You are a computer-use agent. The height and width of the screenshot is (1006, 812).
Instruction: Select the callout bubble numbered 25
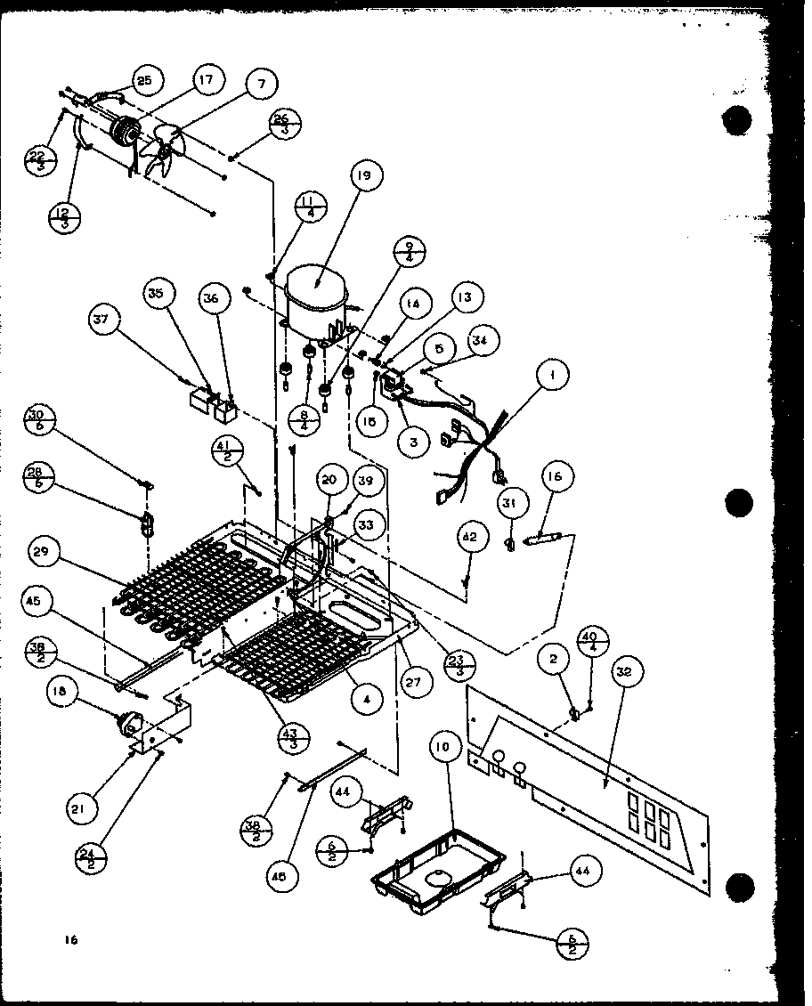pyautogui.click(x=144, y=81)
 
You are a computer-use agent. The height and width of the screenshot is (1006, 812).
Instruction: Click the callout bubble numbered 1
pyautogui.click(x=552, y=376)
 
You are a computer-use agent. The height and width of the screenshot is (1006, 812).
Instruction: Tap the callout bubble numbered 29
pyautogui.click(x=41, y=552)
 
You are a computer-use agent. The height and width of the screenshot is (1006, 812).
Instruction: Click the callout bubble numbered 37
pyautogui.click(x=103, y=318)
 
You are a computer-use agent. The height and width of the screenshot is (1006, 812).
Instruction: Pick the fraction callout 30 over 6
pyautogui.click(x=40, y=421)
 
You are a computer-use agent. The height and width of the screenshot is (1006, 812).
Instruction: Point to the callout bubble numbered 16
pyautogui.click(x=555, y=477)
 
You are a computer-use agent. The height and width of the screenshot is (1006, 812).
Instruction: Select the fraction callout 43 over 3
pyautogui.click(x=294, y=737)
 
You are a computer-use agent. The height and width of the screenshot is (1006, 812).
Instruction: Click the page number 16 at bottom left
pyautogui.click(x=71, y=940)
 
